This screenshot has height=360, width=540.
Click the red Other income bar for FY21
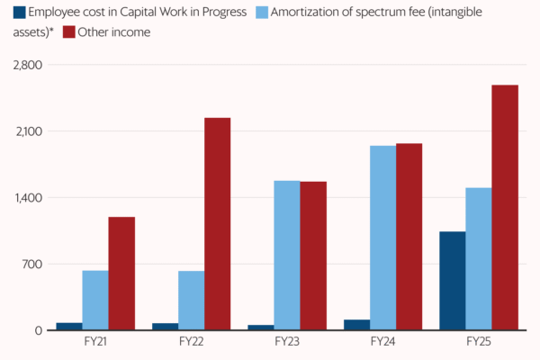121,274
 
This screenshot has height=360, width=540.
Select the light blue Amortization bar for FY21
95,301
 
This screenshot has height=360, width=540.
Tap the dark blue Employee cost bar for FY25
453,281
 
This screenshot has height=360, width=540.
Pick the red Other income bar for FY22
217,224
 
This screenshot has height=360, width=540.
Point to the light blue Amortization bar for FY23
287,256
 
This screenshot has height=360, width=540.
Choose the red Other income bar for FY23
313,256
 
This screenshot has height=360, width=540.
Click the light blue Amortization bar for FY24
382,238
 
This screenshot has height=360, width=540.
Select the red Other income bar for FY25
505,208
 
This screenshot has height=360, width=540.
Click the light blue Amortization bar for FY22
191,301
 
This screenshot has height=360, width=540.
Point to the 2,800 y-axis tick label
27,66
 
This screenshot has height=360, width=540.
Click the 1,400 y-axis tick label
27,198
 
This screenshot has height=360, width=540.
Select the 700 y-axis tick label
31,265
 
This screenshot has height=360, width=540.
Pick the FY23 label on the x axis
287,342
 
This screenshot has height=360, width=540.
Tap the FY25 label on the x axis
479,342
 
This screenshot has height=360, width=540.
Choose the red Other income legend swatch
69,31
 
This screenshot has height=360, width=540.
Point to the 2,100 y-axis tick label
27,131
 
